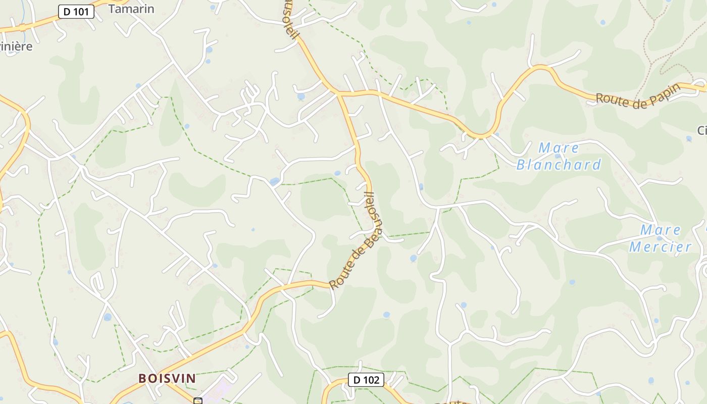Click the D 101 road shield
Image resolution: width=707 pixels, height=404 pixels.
point(76,12)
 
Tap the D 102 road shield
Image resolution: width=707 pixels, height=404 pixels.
point(366,380)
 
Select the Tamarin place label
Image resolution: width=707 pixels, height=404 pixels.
point(131,9)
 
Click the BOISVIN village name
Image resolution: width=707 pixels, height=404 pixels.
point(167,378)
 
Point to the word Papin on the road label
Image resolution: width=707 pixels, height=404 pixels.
point(662,93)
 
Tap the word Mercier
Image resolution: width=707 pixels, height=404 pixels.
point(660,246)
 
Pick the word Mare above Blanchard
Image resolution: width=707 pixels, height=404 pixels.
point(559,148)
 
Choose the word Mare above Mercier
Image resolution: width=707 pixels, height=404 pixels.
point(661,230)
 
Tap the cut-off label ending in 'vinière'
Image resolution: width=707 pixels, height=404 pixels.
point(16,46)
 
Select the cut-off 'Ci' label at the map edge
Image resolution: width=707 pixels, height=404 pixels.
point(702,130)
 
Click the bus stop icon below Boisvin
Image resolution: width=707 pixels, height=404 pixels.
point(198,401)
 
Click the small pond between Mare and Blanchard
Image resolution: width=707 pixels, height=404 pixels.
point(558,156)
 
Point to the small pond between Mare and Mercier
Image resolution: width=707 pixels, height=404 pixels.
point(659,238)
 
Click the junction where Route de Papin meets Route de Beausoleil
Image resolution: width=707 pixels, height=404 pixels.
point(338,92)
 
